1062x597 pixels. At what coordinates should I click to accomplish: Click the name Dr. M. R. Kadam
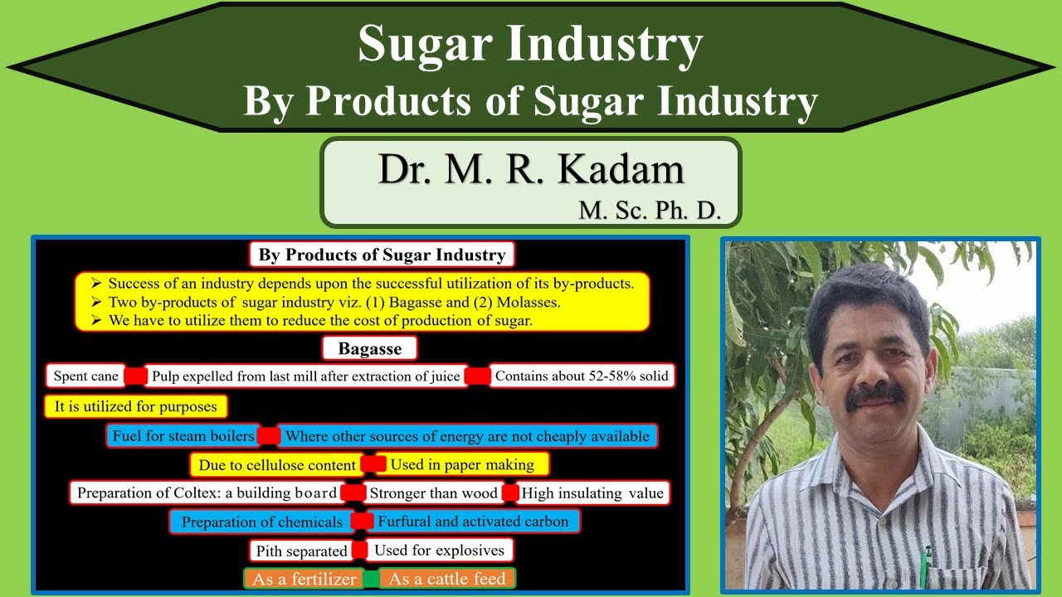tap(531, 170)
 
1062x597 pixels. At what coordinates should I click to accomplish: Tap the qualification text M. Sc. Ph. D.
tap(650, 211)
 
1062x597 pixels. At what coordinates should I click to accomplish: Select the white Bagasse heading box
tap(370, 348)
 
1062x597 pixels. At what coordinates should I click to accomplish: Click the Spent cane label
tap(86, 376)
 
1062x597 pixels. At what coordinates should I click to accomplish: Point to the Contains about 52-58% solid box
tap(581, 376)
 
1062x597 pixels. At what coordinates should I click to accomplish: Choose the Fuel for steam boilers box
tap(183, 436)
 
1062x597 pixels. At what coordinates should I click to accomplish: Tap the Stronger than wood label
tap(433, 493)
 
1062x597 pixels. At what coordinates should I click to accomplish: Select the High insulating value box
tap(592, 493)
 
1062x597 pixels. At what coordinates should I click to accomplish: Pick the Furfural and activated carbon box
tap(473, 522)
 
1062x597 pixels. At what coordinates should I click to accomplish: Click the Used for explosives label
tap(439, 550)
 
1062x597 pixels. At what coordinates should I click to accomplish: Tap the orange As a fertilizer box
tap(304, 579)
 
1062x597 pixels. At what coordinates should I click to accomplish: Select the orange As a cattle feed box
tap(447, 579)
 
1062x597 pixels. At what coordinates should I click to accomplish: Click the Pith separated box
tap(301, 551)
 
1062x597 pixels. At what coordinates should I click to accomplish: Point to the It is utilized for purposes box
tap(135, 406)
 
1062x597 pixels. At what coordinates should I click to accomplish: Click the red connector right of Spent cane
tap(135, 376)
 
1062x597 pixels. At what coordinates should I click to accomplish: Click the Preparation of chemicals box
tap(262, 522)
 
